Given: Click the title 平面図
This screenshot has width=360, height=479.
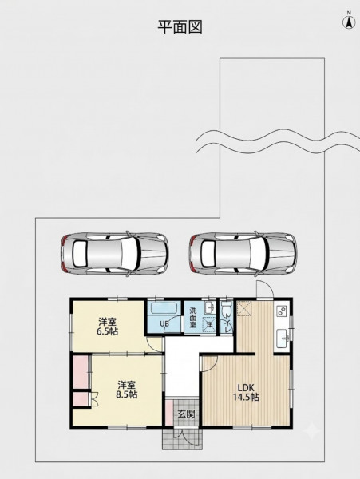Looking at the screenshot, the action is coord(180,27).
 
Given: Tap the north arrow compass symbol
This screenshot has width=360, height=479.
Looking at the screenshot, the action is coord(349,21).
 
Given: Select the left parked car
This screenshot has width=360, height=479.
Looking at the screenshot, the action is coord(114,254).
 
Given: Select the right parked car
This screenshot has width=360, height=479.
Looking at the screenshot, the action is coord(243,254).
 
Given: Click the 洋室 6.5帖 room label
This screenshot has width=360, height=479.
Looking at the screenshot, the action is coord(107,327).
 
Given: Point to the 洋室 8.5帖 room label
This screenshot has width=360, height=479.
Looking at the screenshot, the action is coord(126,390).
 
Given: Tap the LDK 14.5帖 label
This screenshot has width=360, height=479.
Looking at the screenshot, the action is coord(246,392).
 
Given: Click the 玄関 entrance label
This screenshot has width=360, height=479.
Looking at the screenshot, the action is coord(186,414).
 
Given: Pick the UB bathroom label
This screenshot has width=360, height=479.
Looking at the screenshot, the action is coord(164,324).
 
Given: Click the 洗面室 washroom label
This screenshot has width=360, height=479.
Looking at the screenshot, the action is coord(193,318).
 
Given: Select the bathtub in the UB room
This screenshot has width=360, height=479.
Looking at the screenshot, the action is coord(164,308).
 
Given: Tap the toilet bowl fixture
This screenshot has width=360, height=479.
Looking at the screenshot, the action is coord(226,310).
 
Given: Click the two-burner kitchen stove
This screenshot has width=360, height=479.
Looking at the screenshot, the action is coord(282,311).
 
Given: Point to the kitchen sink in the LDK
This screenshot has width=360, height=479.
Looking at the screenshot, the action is coord(283,338).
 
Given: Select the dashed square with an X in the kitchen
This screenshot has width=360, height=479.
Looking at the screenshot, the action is coord(244,308).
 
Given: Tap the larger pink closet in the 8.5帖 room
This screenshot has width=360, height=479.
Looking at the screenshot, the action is coord(81,372).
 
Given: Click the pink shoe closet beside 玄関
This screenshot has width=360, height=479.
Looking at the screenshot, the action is coord(169,412).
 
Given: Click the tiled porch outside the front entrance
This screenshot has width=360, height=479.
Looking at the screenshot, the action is coord(182,438).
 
